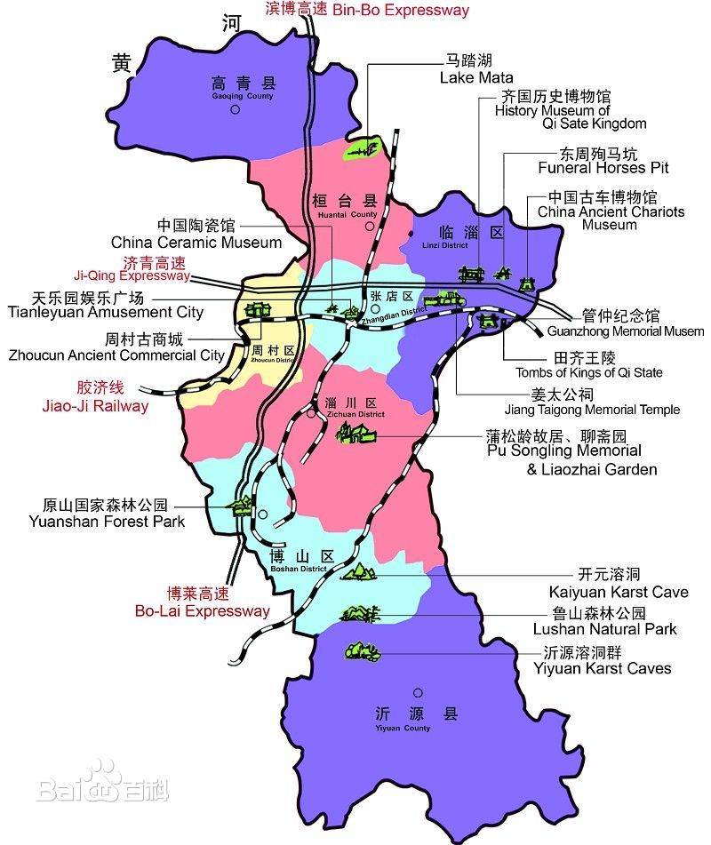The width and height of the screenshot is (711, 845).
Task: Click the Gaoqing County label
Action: pyautogui.click(x=243, y=86)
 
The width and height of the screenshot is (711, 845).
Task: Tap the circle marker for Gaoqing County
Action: pyautogui.click(x=236, y=110)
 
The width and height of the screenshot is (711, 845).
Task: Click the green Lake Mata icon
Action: pyautogui.click(x=363, y=150)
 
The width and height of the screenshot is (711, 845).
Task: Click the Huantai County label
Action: pyautogui.click(x=345, y=205)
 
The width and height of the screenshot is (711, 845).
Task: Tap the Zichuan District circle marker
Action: pyautogui.click(x=311, y=413)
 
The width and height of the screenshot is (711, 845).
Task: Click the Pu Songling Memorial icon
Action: pyautogui.click(x=355, y=434)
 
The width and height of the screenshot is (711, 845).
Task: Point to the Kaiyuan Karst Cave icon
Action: pyautogui.click(x=359, y=571)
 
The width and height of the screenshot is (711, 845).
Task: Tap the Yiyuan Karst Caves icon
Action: pyautogui.click(x=362, y=651)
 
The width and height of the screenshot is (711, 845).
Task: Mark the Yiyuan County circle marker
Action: pyautogui.click(x=416, y=692)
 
